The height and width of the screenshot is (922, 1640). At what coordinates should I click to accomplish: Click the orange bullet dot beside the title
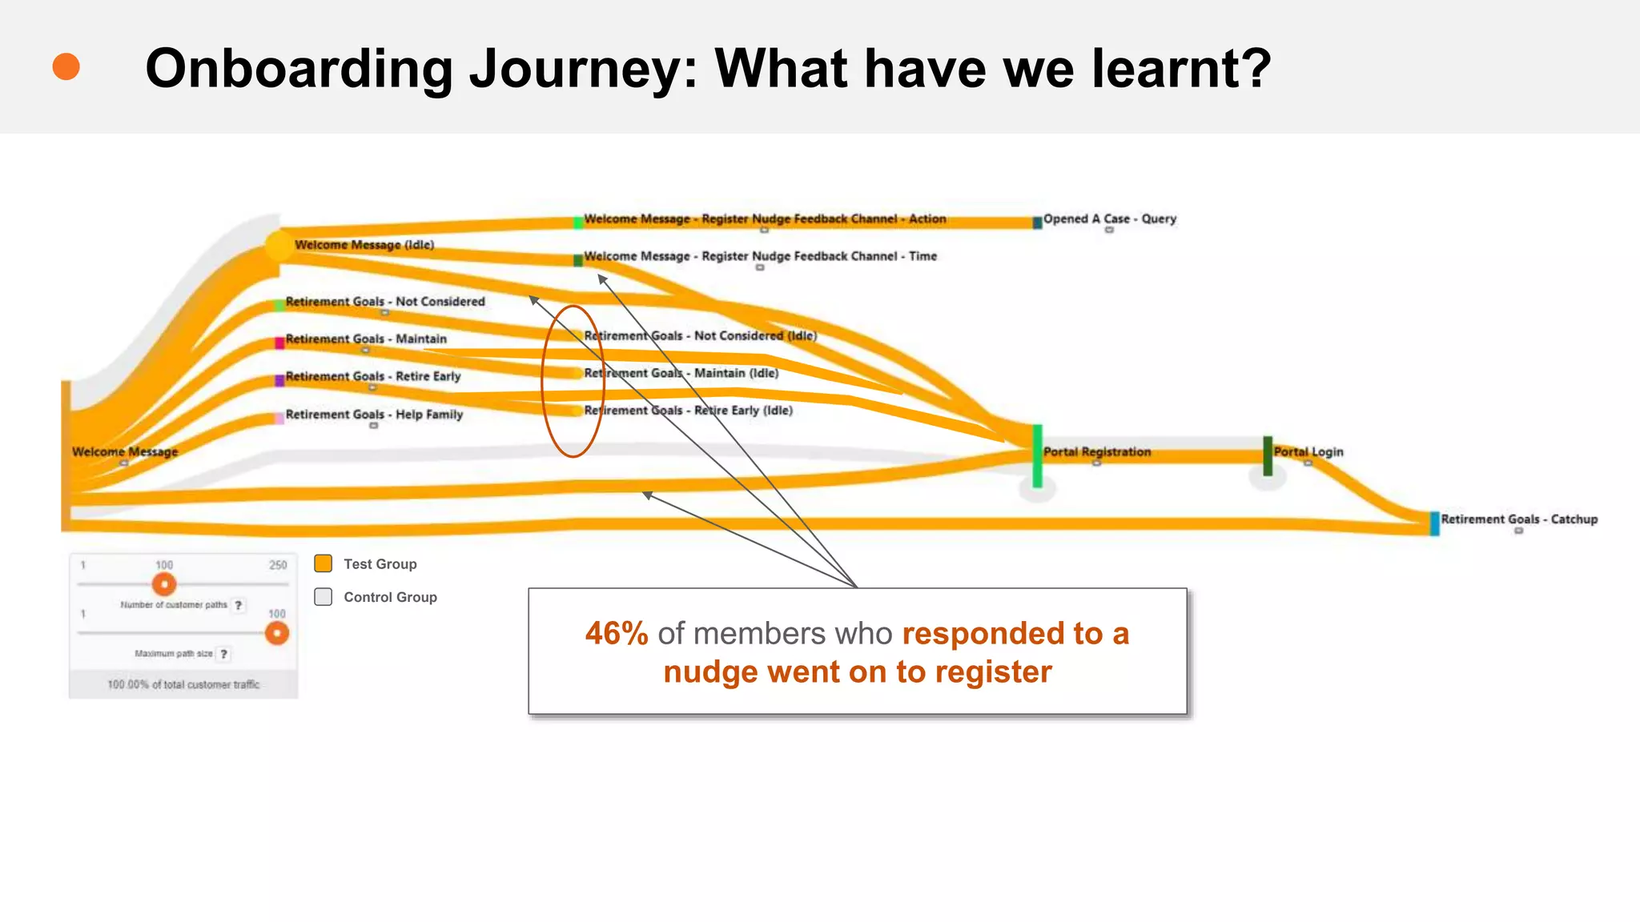(x=66, y=66)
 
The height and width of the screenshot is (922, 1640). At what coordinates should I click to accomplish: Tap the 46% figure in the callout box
(x=616, y=634)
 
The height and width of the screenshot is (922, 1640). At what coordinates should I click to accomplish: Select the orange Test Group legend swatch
(x=324, y=563)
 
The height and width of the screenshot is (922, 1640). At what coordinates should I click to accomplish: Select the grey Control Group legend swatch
(x=324, y=597)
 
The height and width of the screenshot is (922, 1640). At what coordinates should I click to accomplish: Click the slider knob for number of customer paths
(x=164, y=584)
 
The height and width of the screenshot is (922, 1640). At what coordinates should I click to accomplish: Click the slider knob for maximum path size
(x=277, y=633)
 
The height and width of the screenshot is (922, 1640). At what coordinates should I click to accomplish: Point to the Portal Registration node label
(x=1096, y=452)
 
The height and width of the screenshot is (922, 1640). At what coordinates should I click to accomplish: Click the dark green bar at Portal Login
(x=1268, y=455)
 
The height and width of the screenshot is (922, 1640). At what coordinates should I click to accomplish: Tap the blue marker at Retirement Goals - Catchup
(x=1434, y=523)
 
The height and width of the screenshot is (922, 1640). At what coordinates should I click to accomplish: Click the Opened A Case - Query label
(x=1109, y=219)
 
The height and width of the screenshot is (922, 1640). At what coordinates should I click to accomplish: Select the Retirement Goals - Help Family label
(x=374, y=415)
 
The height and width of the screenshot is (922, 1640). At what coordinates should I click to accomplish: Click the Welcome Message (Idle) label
(x=364, y=245)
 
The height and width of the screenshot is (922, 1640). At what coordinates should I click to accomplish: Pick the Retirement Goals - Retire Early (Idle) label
(x=688, y=411)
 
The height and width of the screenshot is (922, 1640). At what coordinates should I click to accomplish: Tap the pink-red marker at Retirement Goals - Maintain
(x=279, y=343)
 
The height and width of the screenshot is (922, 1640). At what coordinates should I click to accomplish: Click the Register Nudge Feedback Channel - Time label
(x=760, y=257)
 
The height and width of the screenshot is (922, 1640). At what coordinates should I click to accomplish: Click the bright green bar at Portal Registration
(x=1037, y=456)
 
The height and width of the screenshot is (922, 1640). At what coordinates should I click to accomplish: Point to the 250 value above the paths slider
(x=278, y=565)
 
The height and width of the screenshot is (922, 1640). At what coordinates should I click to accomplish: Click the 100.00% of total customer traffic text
(x=183, y=685)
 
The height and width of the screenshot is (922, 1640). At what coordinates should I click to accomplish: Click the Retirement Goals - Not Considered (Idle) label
(x=701, y=336)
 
